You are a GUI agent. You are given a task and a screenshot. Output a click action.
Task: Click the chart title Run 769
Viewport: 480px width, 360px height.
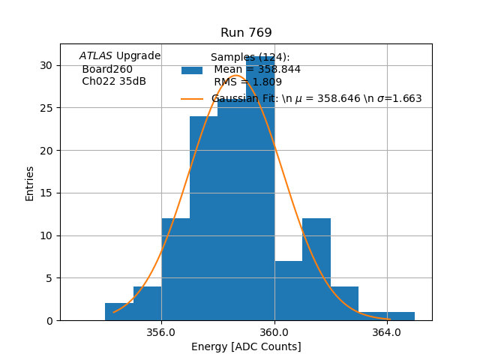pyautogui.click(x=246, y=33)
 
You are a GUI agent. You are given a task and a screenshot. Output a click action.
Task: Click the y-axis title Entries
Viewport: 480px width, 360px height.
pyautogui.click(x=30, y=183)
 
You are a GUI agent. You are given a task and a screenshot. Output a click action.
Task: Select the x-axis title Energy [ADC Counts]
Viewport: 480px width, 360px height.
pyautogui.click(x=246, y=346)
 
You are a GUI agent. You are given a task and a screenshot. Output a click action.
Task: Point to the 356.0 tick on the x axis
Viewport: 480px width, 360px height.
pyautogui.click(x=161, y=331)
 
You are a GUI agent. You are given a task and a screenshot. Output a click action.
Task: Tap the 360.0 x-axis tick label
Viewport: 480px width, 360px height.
pyautogui.click(x=274, y=331)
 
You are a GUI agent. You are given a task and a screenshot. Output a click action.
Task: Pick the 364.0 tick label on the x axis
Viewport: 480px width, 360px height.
pyautogui.click(x=387, y=331)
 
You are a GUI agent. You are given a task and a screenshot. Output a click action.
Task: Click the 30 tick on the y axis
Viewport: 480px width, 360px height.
pyautogui.click(x=46, y=65)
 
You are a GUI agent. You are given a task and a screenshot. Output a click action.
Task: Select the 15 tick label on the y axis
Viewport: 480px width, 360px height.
pyautogui.click(x=46, y=193)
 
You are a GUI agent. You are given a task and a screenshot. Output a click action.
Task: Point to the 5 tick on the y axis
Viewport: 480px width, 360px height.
pyautogui.click(x=49, y=278)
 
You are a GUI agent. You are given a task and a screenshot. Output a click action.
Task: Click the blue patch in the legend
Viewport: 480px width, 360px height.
pyautogui.click(x=192, y=70)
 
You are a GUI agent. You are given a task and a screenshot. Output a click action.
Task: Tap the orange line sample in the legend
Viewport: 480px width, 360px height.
pyautogui.click(x=192, y=99)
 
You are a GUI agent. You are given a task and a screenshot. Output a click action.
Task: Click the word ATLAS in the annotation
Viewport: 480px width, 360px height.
pyautogui.click(x=96, y=56)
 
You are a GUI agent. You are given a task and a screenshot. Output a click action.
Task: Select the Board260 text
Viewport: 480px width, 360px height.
pyautogui.click(x=107, y=69)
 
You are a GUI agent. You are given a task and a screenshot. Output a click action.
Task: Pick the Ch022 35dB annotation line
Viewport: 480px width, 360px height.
pyautogui.click(x=114, y=82)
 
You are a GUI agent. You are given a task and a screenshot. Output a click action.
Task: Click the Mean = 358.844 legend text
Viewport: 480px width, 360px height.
pyautogui.click(x=257, y=70)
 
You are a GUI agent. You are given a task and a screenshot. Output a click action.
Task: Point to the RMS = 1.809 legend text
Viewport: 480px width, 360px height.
pyautogui.click(x=247, y=82)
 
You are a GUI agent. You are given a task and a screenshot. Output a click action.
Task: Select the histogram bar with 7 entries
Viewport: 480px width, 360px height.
pyautogui.click(x=288, y=290)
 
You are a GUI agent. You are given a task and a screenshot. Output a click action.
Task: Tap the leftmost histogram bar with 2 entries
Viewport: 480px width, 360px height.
pyautogui.click(x=119, y=311)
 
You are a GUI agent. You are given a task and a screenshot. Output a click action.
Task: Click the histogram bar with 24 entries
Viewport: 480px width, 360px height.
pyautogui.click(x=203, y=217)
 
